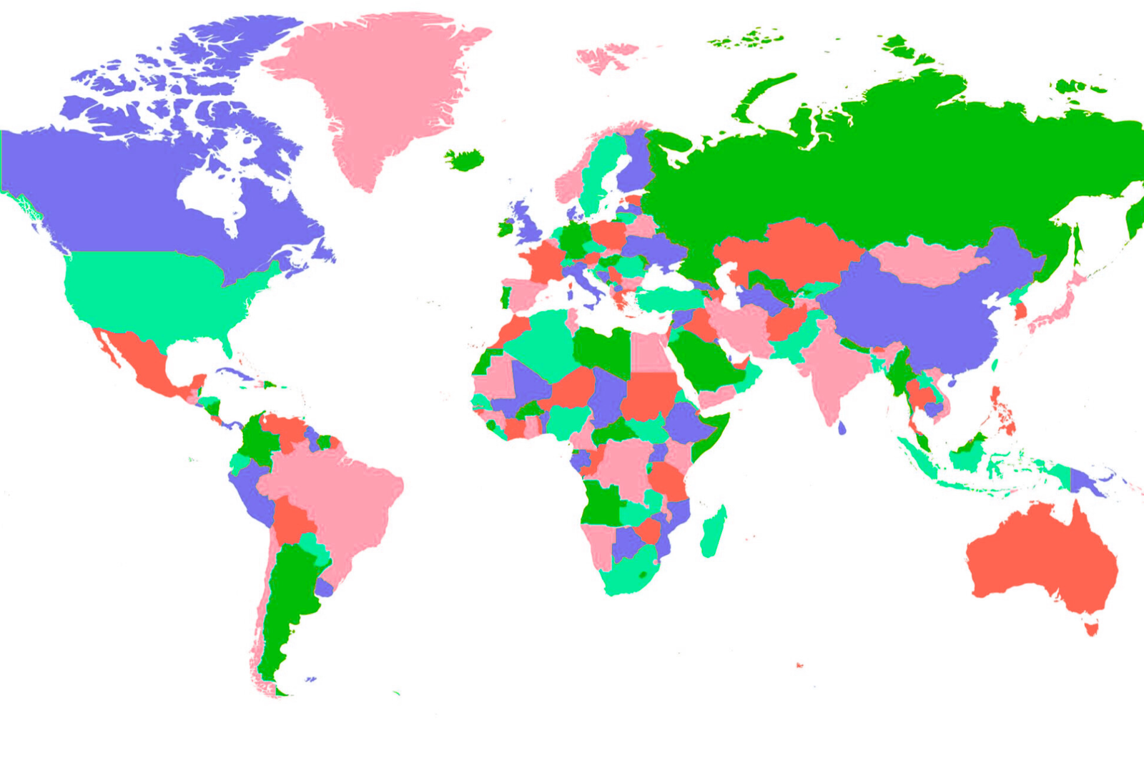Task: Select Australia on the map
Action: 1037,558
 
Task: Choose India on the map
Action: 833,365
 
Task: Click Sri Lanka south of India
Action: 842,428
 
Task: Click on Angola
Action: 602,501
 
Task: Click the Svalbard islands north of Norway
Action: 604,57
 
